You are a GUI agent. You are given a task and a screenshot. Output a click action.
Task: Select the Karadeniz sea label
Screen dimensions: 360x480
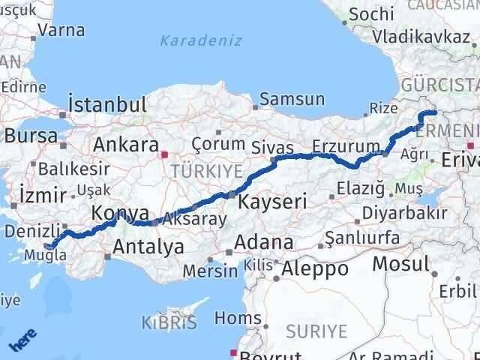click(x=201, y=40)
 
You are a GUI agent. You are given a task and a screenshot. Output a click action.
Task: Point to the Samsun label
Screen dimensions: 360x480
click(x=292, y=99)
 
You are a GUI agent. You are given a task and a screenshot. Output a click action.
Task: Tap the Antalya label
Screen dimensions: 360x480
click(x=148, y=247)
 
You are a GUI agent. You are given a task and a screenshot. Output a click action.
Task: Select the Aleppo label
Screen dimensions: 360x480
click(x=315, y=268)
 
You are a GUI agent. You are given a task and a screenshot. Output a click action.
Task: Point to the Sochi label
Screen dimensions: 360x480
click(x=370, y=13)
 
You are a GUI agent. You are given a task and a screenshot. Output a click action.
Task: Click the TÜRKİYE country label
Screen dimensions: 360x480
click(x=198, y=171)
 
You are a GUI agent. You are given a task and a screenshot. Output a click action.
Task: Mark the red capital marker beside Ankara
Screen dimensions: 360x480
click(x=165, y=155)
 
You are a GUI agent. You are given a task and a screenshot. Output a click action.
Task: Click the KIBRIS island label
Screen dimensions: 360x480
click(x=169, y=323)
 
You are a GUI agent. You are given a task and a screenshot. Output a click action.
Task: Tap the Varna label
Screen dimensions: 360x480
click(x=61, y=31)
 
